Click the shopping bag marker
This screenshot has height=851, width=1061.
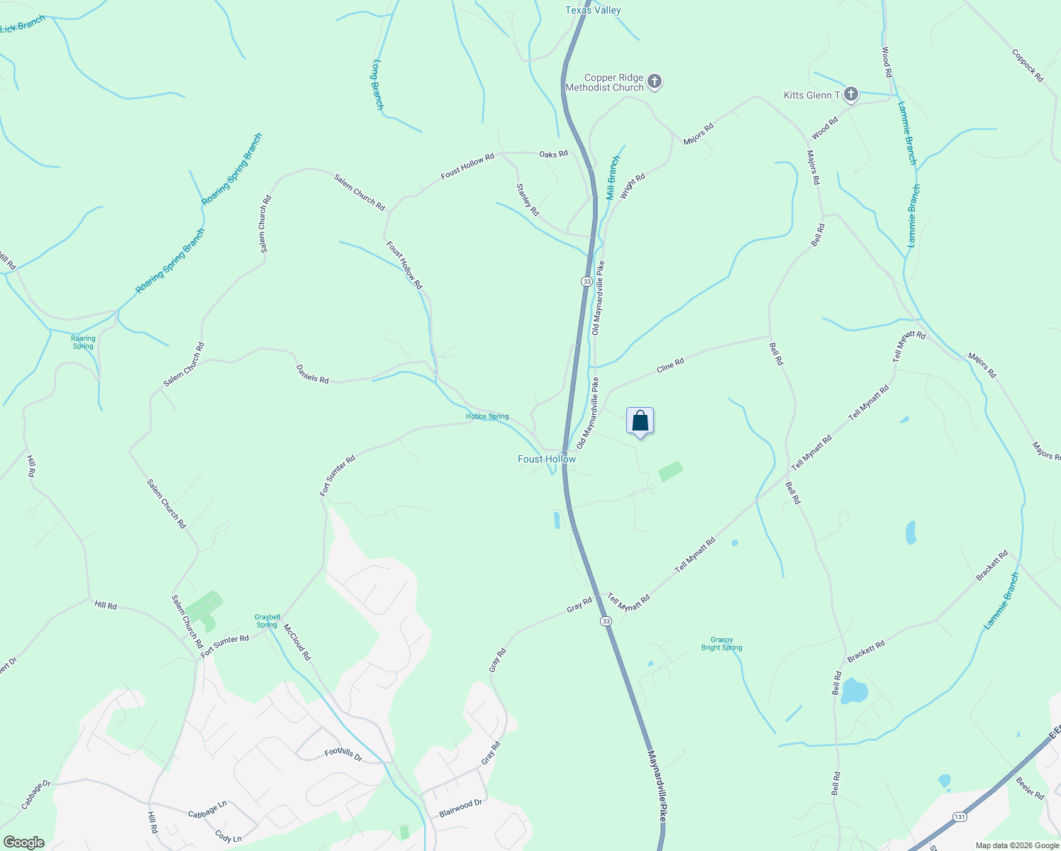click(x=640, y=421)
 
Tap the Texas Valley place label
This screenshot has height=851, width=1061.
click(x=593, y=11)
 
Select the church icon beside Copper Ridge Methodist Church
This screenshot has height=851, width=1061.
click(x=655, y=82)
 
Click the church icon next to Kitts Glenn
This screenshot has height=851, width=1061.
click(x=851, y=94)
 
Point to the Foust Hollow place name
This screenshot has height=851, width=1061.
click(x=547, y=460)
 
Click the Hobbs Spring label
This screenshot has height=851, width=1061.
click(x=487, y=416)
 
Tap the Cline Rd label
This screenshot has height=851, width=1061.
click(x=670, y=366)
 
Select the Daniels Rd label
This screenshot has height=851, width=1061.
click(x=312, y=374)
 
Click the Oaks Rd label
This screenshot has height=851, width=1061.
click(x=553, y=154)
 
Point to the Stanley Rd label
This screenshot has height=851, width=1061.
click(x=528, y=200)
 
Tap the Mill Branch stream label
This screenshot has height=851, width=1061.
click(x=613, y=178)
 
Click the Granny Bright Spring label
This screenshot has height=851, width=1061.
click(x=722, y=644)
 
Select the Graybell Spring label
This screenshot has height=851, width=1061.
click(x=267, y=621)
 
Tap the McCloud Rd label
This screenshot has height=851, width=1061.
click(x=297, y=643)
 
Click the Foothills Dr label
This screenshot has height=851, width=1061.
click(x=343, y=755)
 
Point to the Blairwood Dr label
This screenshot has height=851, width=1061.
click(x=460, y=808)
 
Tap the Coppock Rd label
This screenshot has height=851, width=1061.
click(x=1028, y=65)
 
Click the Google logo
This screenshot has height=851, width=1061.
click(x=24, y=842)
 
